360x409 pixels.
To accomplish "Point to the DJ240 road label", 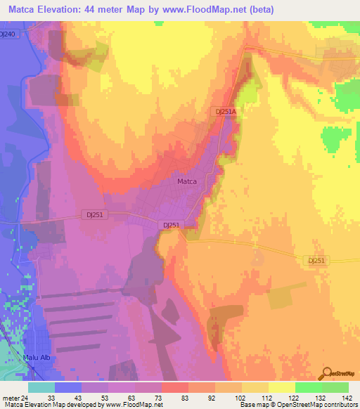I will (8, 34).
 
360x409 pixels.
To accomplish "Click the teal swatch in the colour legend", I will (41, 387).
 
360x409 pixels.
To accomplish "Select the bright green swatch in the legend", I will (308, 387).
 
